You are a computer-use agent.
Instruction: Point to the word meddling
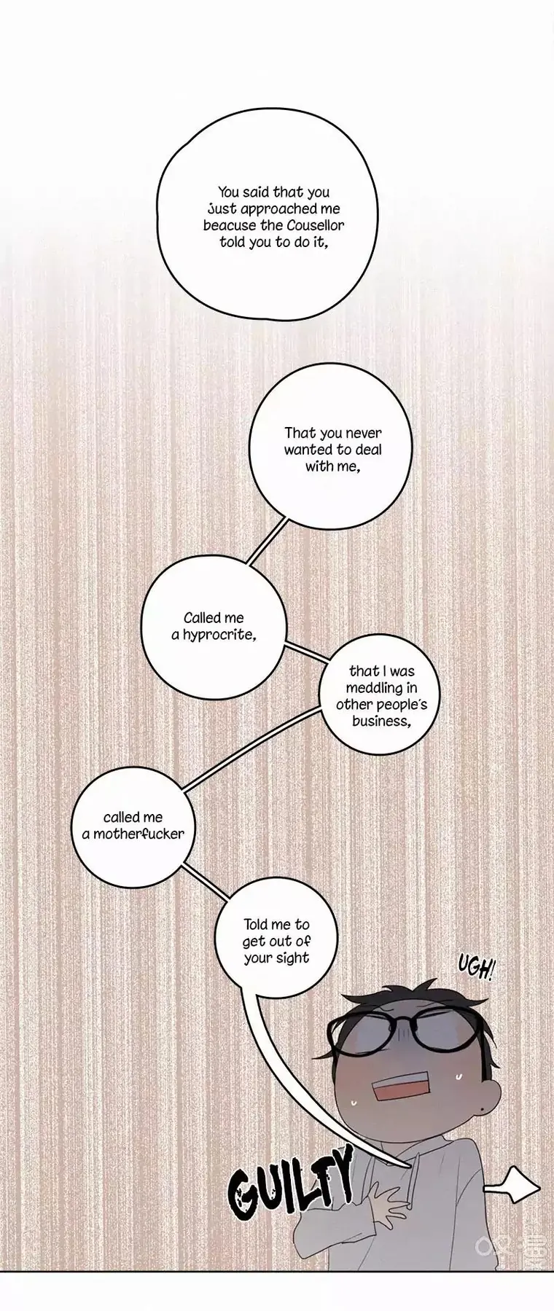371,688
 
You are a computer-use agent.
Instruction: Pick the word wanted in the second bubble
308,450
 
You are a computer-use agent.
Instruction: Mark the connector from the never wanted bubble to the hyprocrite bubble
267,541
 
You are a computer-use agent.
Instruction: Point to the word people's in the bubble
401,705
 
